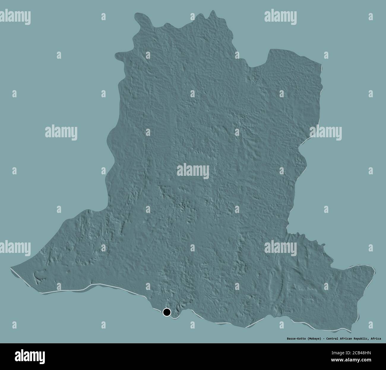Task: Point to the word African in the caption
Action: [349, 338]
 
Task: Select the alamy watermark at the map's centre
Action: [193, 171]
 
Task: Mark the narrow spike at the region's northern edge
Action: [213, 12]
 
